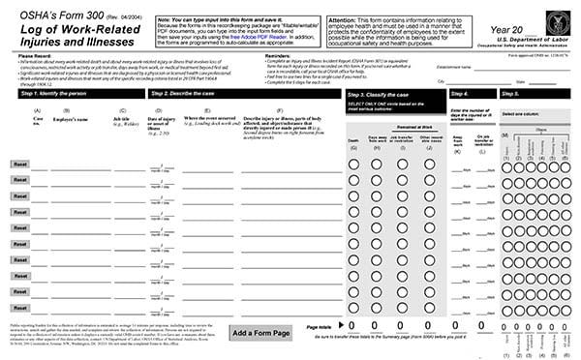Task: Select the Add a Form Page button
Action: pos(260,333)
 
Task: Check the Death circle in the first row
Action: pos(354,165)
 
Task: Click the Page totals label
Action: pos(320,327)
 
